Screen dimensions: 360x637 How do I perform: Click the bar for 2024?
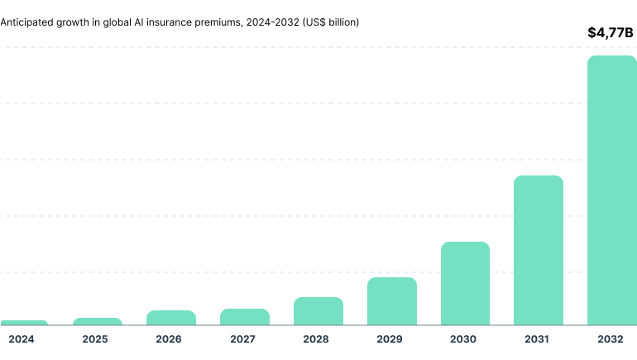click(24, 322)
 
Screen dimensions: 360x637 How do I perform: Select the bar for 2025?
click(97, 321)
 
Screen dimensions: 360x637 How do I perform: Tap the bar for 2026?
click(171, 318)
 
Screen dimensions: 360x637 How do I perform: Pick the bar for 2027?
click(245, 317)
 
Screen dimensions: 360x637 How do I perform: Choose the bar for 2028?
click(318, 311)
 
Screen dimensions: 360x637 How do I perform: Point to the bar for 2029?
click(392, 301)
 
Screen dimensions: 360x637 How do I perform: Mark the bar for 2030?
click(465, 283)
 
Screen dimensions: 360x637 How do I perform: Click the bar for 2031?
click(539, 250)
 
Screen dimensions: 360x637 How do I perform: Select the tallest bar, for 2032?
click(612, 190)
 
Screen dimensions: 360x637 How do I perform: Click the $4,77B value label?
click(610, 33)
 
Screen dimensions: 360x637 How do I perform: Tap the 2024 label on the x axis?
click(22, 339)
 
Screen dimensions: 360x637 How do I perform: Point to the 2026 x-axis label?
click(169, 339)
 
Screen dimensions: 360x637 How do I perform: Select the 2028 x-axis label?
click(316, 339)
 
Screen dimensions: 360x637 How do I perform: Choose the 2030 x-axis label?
click(463, 339)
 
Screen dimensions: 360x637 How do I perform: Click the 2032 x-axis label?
click(611, 339)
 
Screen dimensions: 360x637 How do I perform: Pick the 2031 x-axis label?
click(537, 339)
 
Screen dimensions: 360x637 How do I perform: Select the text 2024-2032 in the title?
click(273, 22)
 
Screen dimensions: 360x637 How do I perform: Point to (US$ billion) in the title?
click(331, 22)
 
